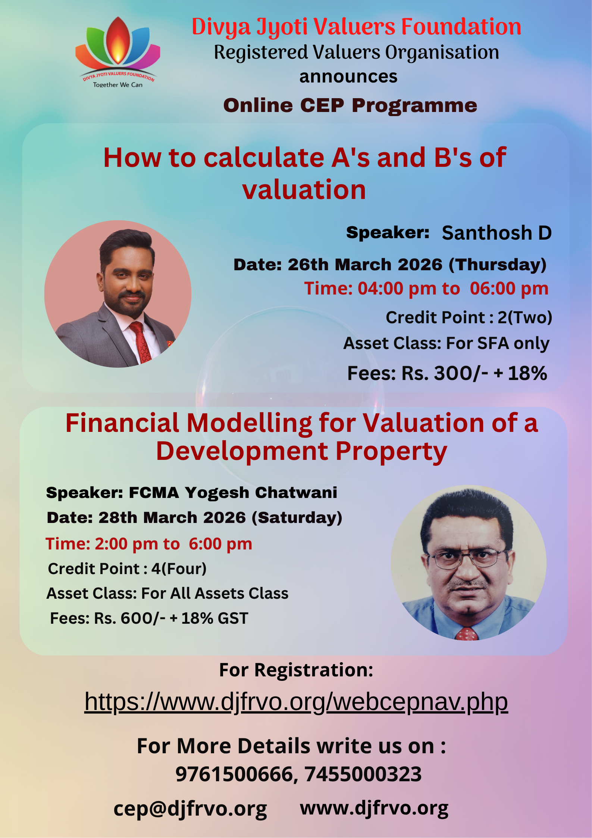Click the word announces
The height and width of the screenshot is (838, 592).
pyautogui.click(x=348, y=77)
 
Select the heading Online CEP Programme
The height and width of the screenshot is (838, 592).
pyautogui.click(x=350, y=105)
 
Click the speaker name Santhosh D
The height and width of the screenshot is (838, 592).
pyautogui.click(x=497, y=233)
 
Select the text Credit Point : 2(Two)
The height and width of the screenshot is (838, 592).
pyautogui.click(x=469, y=318)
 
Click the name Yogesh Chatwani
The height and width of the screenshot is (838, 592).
pyautogui.click(x=261, y=493)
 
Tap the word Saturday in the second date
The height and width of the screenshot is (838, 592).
pyautogui.click(x=297, y=518)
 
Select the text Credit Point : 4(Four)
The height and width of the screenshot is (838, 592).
pyautogui.click(x=127, y=569)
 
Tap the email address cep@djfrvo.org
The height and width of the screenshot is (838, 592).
pyautogui.click(x=190, y=809)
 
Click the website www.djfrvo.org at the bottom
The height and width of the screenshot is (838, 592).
pyautogui.click(x=374, y=809)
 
